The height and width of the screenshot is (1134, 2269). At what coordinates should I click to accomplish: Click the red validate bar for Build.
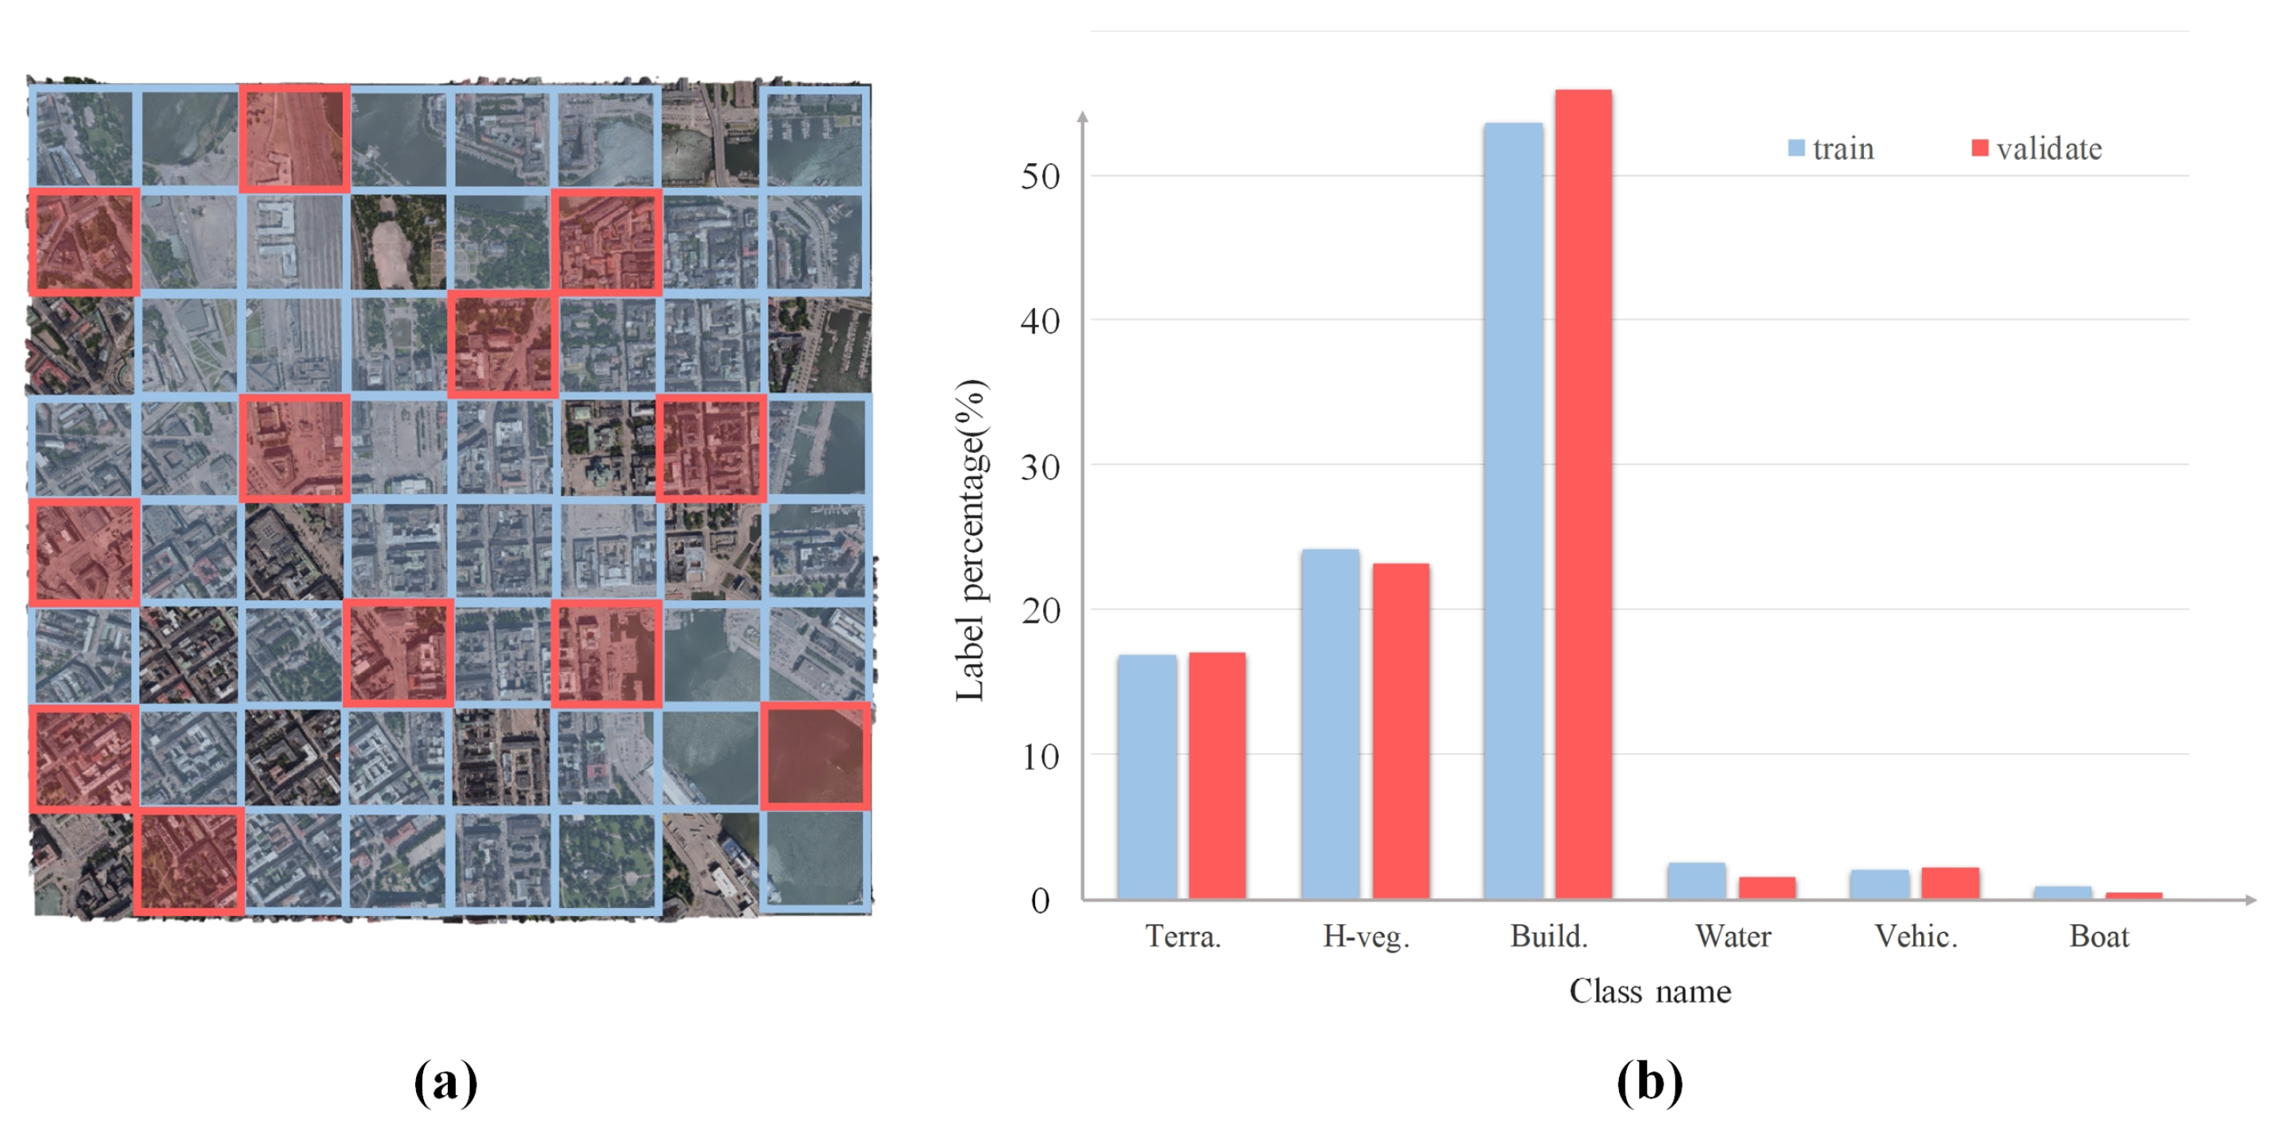tap(1583, 493)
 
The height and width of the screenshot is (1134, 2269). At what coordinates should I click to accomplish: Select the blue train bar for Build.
tap(1512, 511)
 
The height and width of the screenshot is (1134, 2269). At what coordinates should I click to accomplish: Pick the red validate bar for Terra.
tap(1217, 774)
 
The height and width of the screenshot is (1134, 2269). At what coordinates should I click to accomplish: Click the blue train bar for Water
tap(1695, 881)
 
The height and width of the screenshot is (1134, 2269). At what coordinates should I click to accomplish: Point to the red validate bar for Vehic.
tap(1950, 883)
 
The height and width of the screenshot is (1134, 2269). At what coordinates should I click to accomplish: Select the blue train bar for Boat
tap(2062, 892)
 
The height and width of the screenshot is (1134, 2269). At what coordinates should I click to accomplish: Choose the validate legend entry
tap(2037, 148)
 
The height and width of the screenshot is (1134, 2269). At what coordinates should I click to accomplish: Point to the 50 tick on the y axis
tap(1041, 177)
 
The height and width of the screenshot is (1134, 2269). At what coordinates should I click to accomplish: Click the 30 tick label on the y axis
tap(1041, 466)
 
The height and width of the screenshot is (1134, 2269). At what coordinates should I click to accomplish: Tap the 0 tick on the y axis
tap(1041, 900)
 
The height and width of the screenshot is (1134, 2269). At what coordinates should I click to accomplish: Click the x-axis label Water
tap(1732, 936)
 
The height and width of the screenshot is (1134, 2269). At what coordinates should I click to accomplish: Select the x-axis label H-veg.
tap(1366, 936)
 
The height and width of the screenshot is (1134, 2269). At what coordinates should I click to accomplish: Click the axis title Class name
tap(1650, 991)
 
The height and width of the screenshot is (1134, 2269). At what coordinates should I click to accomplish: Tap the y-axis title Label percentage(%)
tap(971, 541)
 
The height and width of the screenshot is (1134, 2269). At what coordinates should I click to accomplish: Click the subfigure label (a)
tap(445, 1081)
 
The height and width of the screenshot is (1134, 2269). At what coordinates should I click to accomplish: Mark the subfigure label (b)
tap(1649, 1081)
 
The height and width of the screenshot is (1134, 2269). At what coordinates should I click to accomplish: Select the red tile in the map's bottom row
tap(189, 861)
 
